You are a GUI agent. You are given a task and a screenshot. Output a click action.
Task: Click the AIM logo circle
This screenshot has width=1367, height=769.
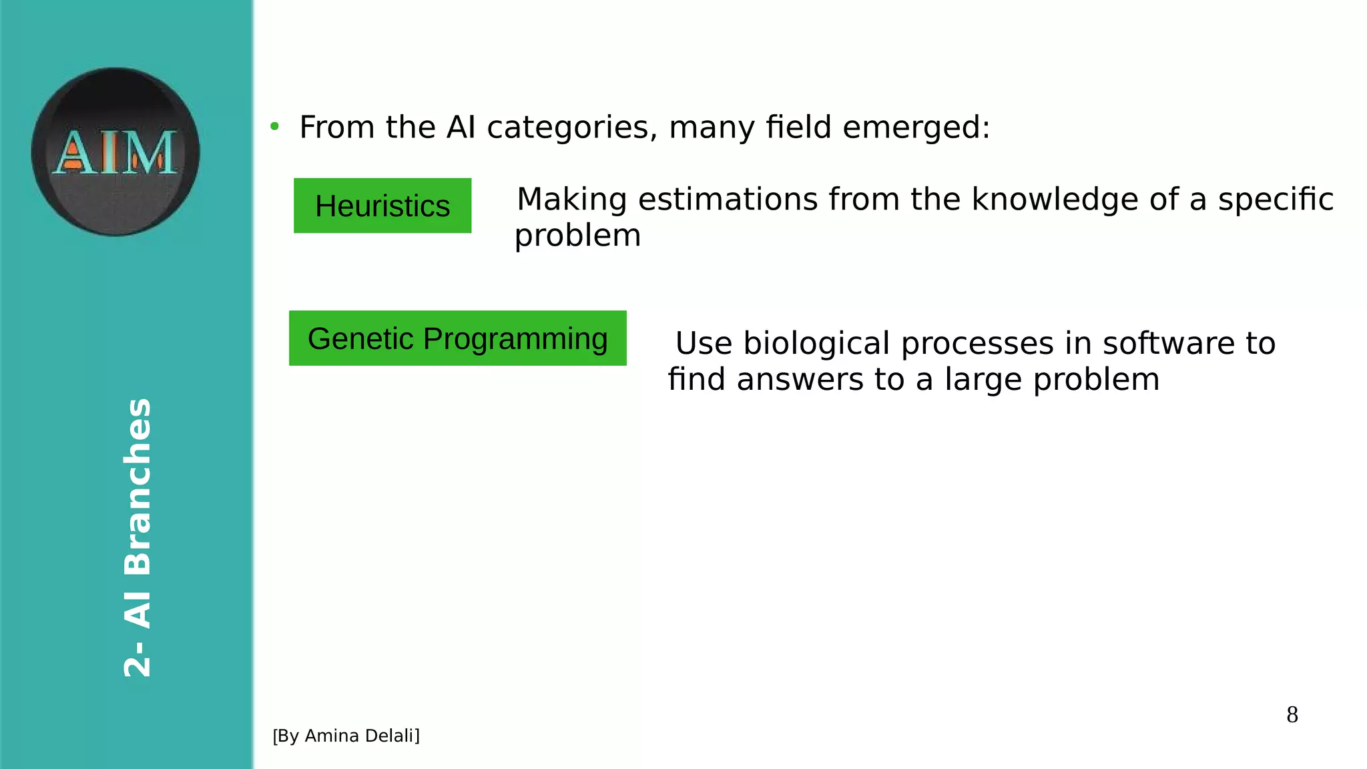click(115, 152)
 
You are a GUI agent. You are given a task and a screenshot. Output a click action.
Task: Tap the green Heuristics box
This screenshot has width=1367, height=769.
click(382, 206)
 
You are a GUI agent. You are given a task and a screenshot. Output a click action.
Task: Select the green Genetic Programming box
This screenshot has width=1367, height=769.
click(458, 338)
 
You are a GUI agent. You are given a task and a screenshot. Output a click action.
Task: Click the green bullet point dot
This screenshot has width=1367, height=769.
click(274, 126)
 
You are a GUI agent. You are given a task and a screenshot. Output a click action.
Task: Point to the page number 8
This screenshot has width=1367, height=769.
click(1292, 715)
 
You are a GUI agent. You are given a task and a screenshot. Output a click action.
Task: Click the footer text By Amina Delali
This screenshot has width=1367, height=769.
click(346, 736)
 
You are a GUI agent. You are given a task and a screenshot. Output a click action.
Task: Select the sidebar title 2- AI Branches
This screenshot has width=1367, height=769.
click(138, 537)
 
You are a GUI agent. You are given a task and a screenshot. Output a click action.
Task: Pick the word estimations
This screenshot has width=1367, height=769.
click(728, 200)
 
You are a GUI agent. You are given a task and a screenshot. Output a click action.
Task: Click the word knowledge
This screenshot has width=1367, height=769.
click(1055, 200)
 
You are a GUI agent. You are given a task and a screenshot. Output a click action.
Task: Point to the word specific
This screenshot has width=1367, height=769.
click(1275, 200)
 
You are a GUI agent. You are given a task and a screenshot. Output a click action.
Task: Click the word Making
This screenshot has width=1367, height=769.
click(572, 200)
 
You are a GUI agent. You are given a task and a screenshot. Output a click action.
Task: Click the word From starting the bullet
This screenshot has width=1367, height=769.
click(336, 127)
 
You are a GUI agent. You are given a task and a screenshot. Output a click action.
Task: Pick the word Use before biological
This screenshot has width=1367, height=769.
click(704, 344)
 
